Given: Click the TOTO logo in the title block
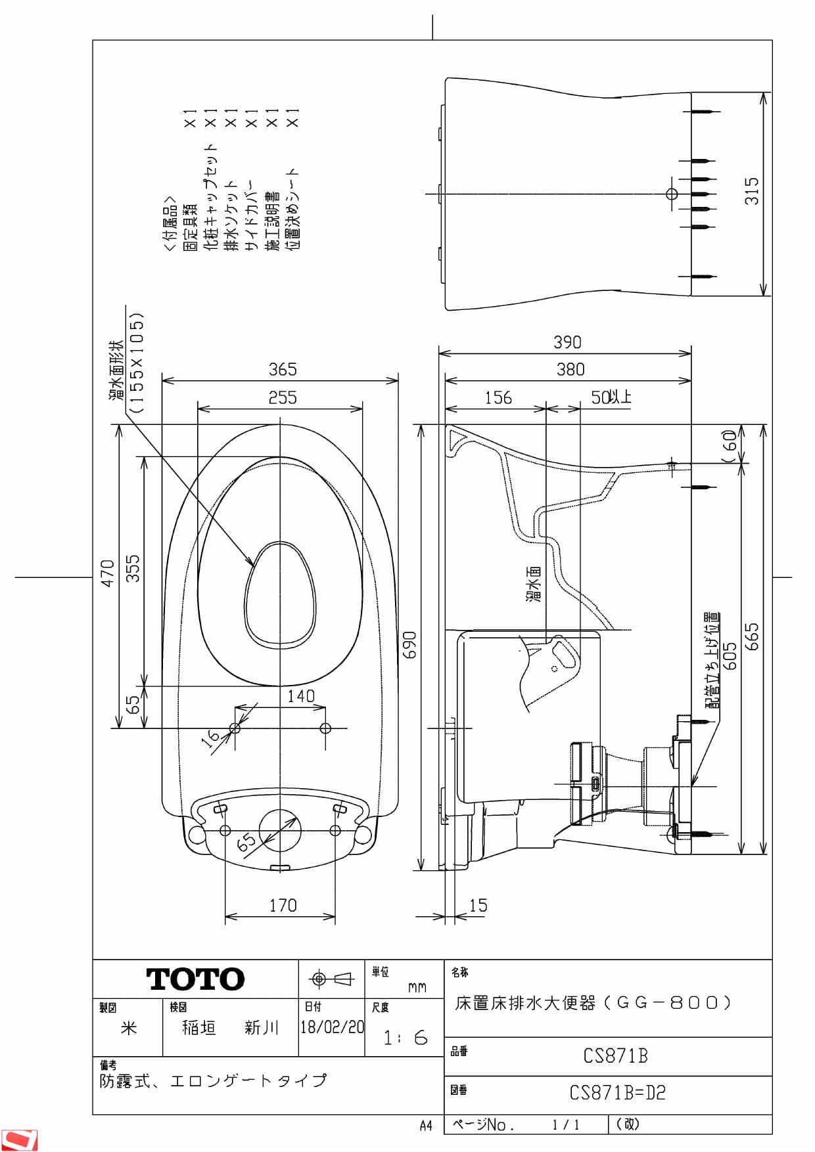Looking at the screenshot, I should pyautogui.click(x=195, y=979).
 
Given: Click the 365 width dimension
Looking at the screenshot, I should pyautogui.click(x=283, y=369).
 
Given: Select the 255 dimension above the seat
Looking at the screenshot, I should pyautogui.click(x=283, y=397).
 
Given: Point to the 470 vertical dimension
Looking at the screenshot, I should pyautogui.click(x=107, y=573).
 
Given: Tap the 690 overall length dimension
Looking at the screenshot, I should pyautogui.click(x=409, y=645).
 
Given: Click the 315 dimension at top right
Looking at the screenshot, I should pyautogui.click(x=751, y=190).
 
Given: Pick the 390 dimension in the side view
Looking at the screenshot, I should pyautogui.click(x=567, y=342).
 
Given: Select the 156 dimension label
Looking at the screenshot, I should pyautogui.click(x=498, y=397).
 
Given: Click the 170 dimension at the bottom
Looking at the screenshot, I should pyautogui.click(x=283, y=905).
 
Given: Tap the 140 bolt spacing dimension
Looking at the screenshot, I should pyautogui.click(x=301, y=696).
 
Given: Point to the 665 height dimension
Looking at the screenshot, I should pyautogui.click(x=751, y=637).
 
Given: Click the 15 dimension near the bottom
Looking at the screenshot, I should pyautogui.click(x=478, y=905).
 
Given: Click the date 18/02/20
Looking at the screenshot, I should pyautogui.click(x=332, y=1027).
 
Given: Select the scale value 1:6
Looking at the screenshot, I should pyautogui.click(x=405, y=1038).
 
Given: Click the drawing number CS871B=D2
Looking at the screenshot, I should pyautogui.click(x=617, y=1093).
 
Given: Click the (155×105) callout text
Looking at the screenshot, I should pyautogui.click(x=136, y=363).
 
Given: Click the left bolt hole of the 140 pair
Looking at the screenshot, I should pyautogui.click(x=235, y=728).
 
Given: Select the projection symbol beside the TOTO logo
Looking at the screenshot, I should pyautogui.click(x=331, y=979).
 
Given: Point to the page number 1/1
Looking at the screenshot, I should pyautogui.click(x=566, y=1124).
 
